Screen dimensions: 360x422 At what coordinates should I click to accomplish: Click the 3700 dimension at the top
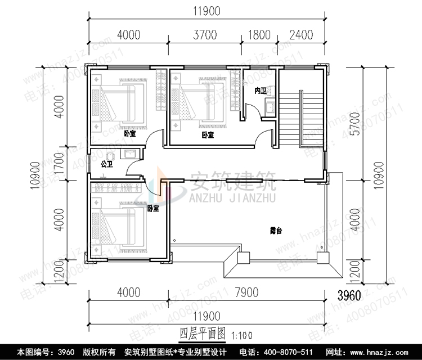(205, 35)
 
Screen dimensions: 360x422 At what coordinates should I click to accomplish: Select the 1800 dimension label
(259, 35)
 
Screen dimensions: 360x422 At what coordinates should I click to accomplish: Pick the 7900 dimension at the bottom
(246, 293)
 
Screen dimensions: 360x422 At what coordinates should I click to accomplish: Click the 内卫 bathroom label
(260, 91)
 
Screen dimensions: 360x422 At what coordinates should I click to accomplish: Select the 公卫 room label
(106, 165)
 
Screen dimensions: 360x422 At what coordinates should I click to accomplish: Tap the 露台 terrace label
(275, 231)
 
